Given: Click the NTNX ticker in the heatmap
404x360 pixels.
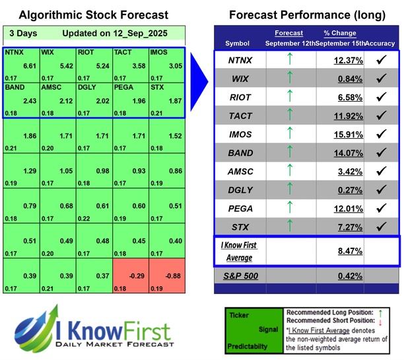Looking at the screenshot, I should [14, 51].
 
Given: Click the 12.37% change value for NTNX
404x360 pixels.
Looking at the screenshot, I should [340, 61].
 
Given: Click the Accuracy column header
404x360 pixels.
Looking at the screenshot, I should [381, 43].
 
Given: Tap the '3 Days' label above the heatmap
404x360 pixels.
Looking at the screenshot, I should [22, 33].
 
